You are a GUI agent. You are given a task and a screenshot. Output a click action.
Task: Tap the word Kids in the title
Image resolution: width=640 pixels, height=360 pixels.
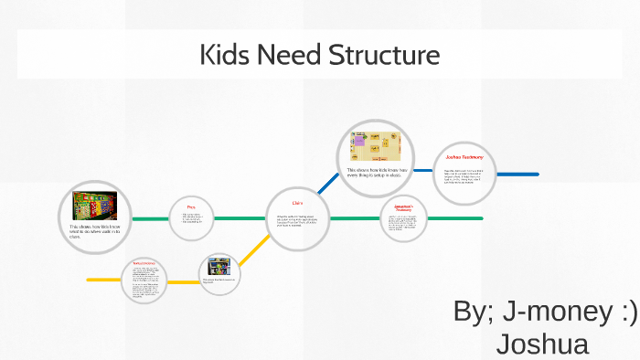[x=225, y=56]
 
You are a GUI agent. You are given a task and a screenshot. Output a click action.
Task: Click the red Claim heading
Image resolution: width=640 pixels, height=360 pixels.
[x=297, y=203]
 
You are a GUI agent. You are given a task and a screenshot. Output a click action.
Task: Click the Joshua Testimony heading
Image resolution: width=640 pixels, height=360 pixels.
[x=464, y=158]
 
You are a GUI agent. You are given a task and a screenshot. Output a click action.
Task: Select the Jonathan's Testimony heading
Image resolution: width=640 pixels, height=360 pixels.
[x=404, y=206]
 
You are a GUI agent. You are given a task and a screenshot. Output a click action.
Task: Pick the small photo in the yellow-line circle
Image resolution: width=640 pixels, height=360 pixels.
[x=219, y=267]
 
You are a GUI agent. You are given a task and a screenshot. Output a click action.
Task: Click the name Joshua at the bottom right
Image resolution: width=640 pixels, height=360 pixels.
[x=541, y=344]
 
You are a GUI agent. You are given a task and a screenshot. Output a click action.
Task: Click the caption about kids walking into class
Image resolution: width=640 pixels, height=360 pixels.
[x=94, y=229]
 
